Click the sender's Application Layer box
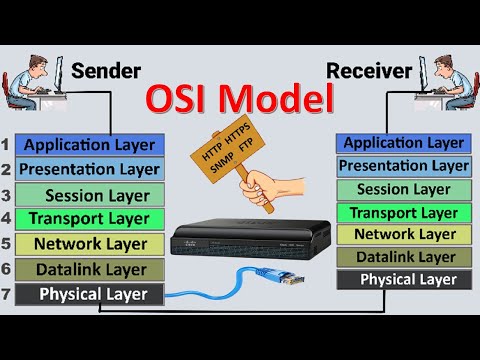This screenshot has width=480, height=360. pyautogui.click(x=90, y=145)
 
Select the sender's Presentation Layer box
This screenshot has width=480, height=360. pyautogui.click(x=90, y=169)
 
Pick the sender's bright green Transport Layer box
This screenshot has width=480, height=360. pyautogui.click(x=90, y=218)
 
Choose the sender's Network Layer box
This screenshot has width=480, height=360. pyautogui.click(x=90, y=243)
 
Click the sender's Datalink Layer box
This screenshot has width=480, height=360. pyautogui.click(x=90, y=269)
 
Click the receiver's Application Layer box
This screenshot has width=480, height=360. pyautogui.click(x=402, y=143)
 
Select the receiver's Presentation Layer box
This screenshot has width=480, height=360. pyautogui.click(x=402, y=166)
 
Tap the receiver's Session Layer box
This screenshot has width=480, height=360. pyautogui.click(x=402, y=189)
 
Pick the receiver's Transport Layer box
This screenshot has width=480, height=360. pyautogui.click(x=402, y=212)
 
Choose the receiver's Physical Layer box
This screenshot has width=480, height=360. pyautogui.click(x=402, y=279)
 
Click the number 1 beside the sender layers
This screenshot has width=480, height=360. pyautogui.click(x=7, y=145)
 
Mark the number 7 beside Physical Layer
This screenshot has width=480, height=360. pyautogui.click(x=7, y=294)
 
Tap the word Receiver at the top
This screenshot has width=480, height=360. pyautogui.click(x=368, y=72)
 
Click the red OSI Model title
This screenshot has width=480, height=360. pyautogui.click(x=239, y=100)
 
